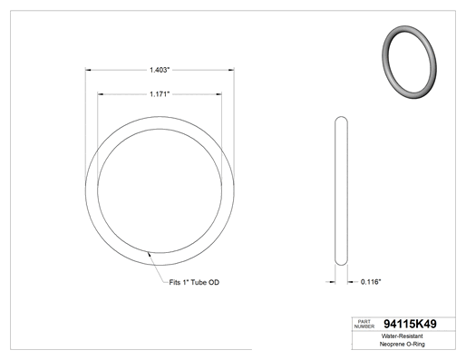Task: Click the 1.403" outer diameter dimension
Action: (160, 70)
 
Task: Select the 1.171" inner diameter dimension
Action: (160, 94)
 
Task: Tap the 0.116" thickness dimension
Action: (371, 282)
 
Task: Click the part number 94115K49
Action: (410, 324)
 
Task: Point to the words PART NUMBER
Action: (364, 324)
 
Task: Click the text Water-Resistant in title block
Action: (402, 336)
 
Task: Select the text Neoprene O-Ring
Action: (402, 344)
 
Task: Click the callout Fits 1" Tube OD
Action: (194, 282)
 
